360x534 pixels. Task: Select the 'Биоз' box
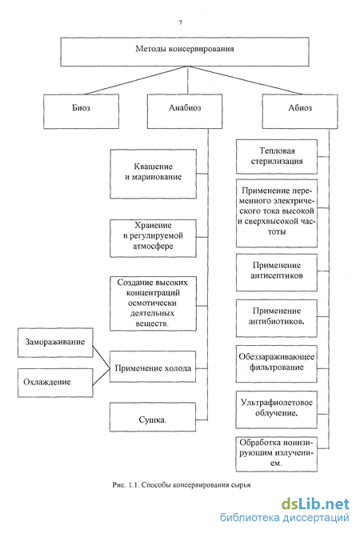(81, 111)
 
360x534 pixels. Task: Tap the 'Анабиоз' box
(185, 111)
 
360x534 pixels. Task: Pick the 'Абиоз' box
(300, 111)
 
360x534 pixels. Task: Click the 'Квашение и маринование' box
(153, 174)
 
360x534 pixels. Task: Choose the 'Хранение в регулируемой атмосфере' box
(153, 239)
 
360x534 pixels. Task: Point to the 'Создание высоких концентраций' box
(153, 303)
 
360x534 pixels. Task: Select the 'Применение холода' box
(153, 367)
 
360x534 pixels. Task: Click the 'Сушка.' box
(153, 417)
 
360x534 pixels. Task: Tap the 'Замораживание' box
(55, 343)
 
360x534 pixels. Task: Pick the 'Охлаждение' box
(55, 383)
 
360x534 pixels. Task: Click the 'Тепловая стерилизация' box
(277, 157)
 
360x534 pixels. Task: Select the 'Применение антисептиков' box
(277, 272)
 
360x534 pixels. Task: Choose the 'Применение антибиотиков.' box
(277, 319)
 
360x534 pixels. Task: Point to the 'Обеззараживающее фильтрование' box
(276, 364)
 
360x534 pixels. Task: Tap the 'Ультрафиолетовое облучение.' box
(276, 410)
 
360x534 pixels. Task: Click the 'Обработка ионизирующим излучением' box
(276, 454)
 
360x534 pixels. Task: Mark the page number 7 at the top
(181, 22)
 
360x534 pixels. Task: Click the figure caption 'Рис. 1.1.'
(126, 484)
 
